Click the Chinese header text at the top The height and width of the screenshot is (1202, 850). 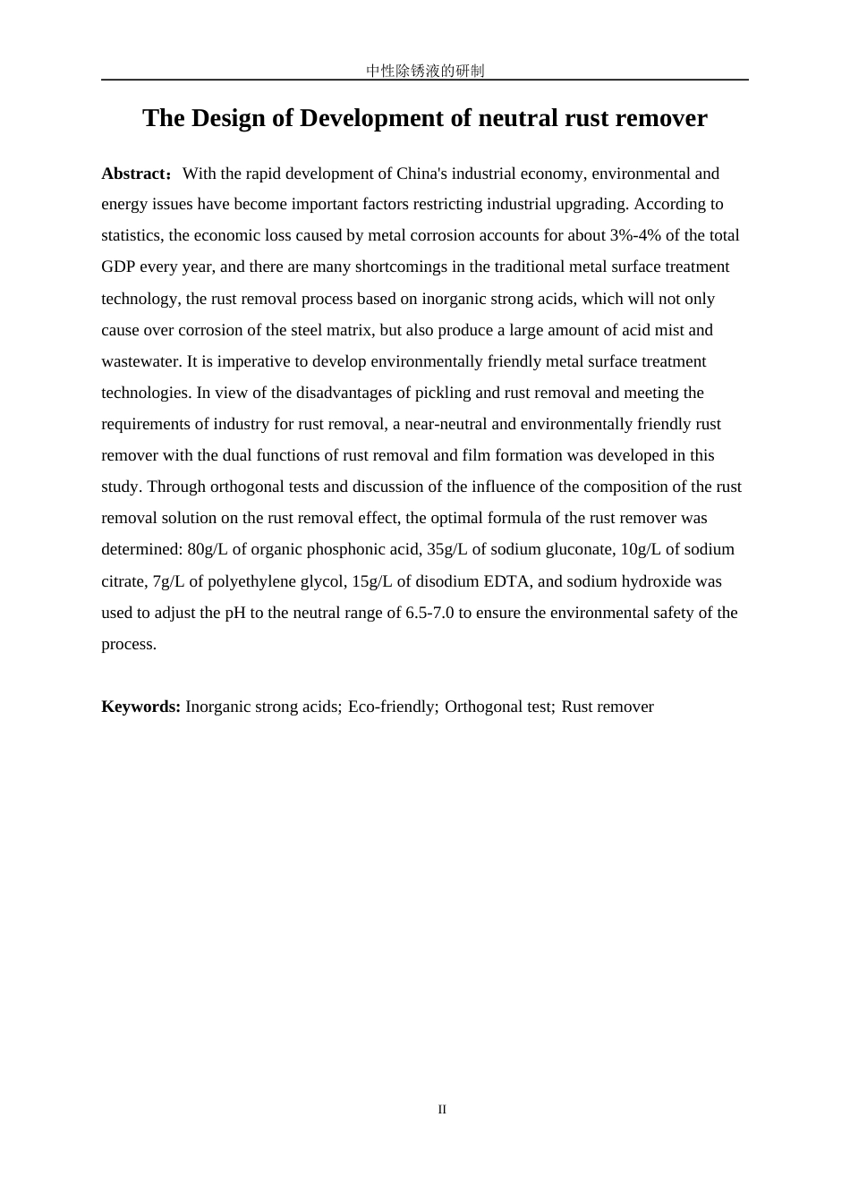coord(425,71)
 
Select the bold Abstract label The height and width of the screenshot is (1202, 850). coord(134,174)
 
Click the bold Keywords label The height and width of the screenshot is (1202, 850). coord(140,707)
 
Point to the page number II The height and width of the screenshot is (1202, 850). coord(442,1110)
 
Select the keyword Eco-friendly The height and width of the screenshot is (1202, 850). coord(391,707)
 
